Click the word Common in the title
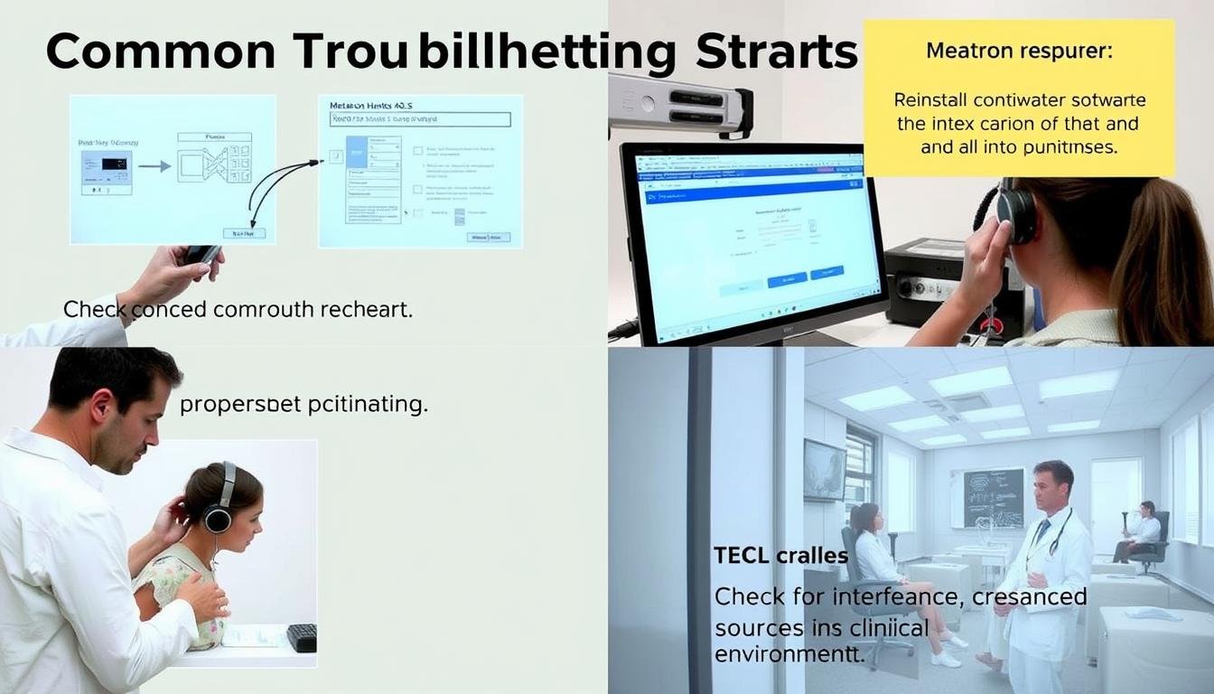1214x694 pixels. [161, 52]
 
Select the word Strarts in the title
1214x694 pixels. [775, 52]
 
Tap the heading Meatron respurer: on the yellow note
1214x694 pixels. [1019, 51]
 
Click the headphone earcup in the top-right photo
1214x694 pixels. [1016, 214]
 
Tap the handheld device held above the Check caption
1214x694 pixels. [202, 254]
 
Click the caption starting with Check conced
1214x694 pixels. [237, 309]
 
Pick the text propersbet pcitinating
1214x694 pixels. [303, 404]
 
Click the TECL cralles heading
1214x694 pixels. [780, 555]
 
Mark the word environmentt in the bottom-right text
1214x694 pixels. [789, 653]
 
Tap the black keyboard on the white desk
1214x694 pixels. [302, 637]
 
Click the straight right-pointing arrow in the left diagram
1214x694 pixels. [154, 166]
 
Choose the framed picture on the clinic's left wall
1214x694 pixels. [824, 469]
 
